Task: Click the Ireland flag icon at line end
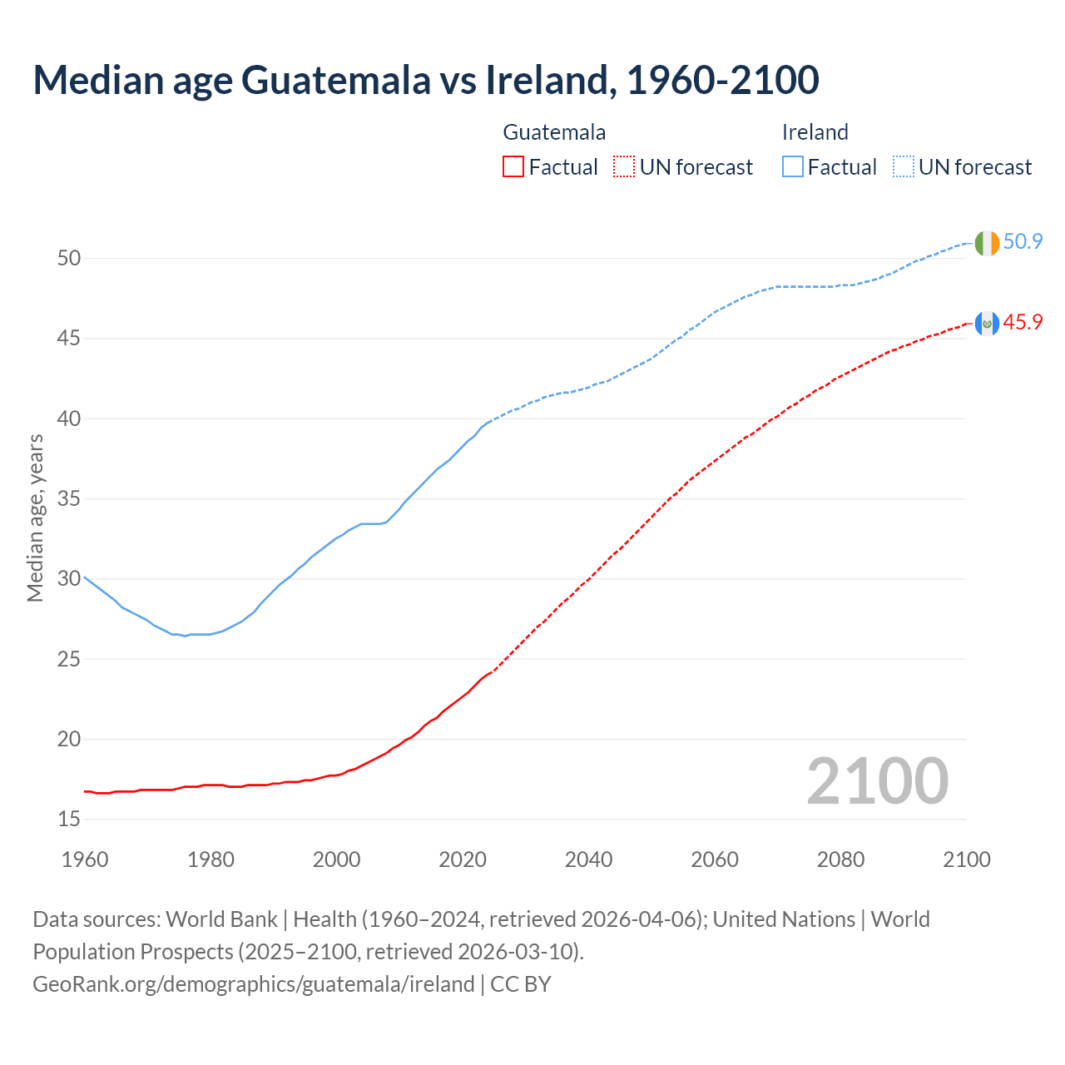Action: click(987, 243)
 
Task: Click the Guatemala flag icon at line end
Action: click(987, 323)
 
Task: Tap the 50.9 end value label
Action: click(1023, 242)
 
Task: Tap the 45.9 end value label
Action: click(1023, 322)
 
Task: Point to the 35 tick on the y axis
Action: click(69, 499)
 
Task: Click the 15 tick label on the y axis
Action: click(69, 820)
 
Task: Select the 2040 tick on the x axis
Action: click(588, 859)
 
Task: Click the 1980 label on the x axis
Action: click(211, 859)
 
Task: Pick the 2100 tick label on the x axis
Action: click(966, 859)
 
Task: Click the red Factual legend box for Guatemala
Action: click(513, 167)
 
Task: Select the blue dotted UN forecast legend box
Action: click(904, 167)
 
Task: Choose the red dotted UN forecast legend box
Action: click(624, 167)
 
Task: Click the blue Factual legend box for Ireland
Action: click(793, 167)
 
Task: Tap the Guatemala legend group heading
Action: click(554, 132)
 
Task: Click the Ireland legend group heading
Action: click(815, 132)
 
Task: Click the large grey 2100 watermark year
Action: click(877, 781)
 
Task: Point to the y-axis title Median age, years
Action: click(35, 518)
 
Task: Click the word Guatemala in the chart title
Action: click(336, 80)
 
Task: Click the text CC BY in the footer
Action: click(521, 984)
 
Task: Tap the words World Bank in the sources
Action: click(221, 919)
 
